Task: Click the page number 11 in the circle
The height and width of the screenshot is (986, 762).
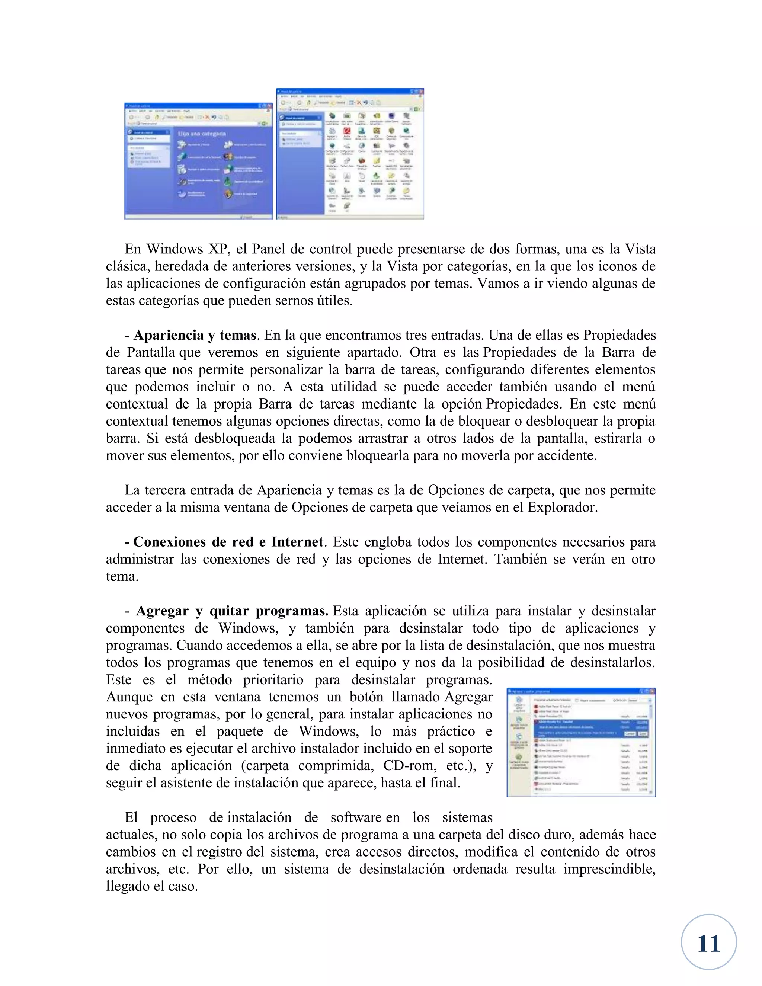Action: pyautogui.click(x=708, y=944)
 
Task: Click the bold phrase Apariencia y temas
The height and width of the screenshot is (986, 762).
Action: pyautogui.click(x=195, y=335)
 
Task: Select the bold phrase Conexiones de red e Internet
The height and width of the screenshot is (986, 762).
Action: pyautogui.click(x=228, y=542)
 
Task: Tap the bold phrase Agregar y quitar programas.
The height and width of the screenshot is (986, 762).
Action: pyautogui.click(x=232, y=611)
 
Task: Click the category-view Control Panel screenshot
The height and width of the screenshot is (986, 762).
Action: pyautogui.click(x=198, y=161)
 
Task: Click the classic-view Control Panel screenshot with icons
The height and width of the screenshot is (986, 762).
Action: pyautogui.click(x=350, y=154)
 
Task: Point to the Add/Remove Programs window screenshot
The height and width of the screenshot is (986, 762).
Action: pyautogui.click(x=581, y=743)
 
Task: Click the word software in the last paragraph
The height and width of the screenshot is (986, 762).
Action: pyautogui.click(x=356, y=817)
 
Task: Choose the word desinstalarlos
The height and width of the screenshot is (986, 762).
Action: pyautogui.click(x=612, y=663)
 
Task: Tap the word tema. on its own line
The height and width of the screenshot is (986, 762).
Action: pyautogui.click(x=122, y=576)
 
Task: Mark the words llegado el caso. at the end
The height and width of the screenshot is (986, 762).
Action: pyautogui.click(x=152, y=886)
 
